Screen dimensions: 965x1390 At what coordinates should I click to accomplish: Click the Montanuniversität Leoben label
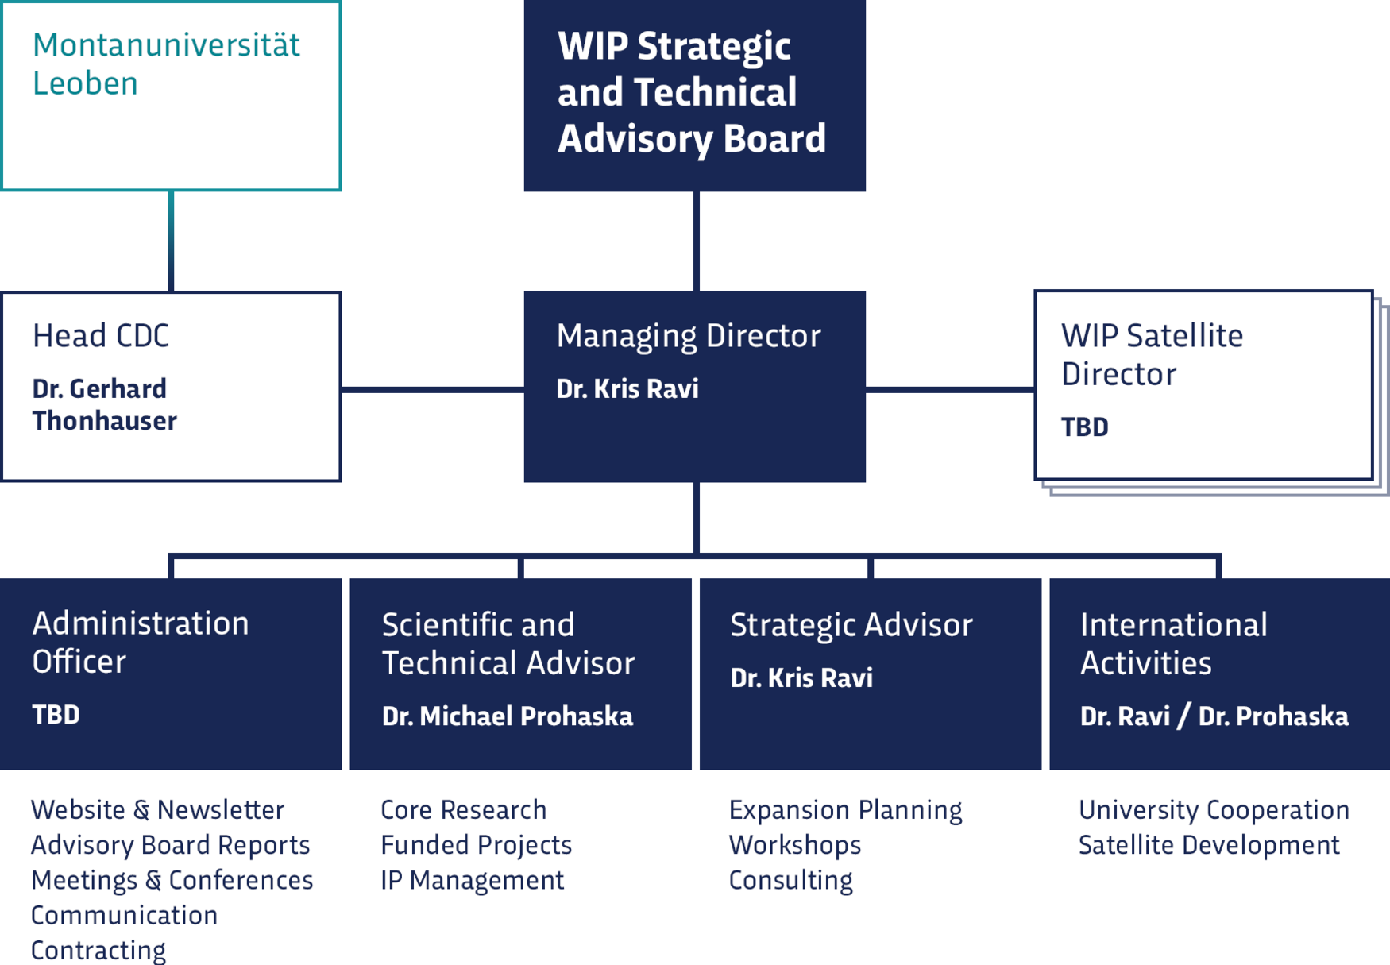point(165,64)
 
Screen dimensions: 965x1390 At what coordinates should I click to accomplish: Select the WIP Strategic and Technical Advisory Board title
point(691,93)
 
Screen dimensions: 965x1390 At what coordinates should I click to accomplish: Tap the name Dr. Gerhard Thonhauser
point(104,404)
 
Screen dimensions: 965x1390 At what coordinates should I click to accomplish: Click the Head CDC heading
point(101,336)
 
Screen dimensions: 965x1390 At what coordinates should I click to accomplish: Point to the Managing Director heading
point(688,336)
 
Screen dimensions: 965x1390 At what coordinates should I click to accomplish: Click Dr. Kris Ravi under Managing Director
point(627,389)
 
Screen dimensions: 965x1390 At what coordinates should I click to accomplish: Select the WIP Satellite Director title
point(1152,355)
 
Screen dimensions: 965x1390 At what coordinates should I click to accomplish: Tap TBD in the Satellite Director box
point(1084,427)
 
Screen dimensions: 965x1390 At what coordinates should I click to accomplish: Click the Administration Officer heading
point(140,642)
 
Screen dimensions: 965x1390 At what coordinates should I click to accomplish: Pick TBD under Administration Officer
point(56,715)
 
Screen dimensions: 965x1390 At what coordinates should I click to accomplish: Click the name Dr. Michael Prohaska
point(507,716)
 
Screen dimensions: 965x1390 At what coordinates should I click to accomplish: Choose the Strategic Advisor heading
point(851,625)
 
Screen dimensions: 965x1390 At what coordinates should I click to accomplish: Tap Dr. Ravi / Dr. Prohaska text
point(1214,716)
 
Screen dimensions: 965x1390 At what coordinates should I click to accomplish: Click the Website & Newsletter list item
point(157,809)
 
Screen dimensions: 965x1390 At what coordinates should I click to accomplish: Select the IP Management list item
point(472,880)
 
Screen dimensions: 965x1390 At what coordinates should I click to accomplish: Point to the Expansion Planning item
point(845,809)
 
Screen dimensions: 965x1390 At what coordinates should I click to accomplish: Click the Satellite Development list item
point(1209,845)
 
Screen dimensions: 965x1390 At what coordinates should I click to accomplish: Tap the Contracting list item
point(98,950)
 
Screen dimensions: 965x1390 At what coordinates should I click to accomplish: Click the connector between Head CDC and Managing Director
point(432,389)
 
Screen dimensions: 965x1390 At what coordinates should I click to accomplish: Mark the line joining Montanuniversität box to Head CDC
point(171,241)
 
